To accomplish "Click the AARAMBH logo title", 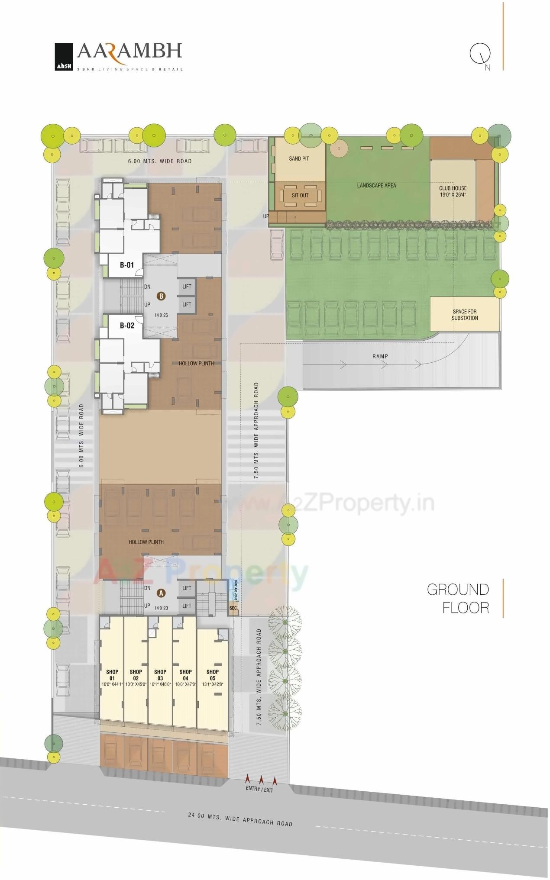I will pyautogui.click(x=129, y=52).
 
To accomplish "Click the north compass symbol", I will pyautogui.click(x=480, y=54).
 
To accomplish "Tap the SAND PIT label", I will pyautogui.click(x=299, y=159).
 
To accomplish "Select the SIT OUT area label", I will pyautogui.click(x=300, y=195).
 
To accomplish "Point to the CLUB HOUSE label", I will pyautogui.click(x=453, y=191).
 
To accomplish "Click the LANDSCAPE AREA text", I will pyautogui.click(x=376, y=185).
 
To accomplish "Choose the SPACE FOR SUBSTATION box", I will pyautogui.click(x=465, y=315).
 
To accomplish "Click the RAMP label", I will pyautogui.click(x=380, y=356).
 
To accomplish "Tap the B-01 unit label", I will pyautogui.click(x=127, y=265).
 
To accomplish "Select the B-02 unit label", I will pyautogui.click(x=127, y=326).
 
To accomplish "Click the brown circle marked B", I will pyautogui.click(x=161, y=296).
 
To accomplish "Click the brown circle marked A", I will pyautogui.click(x=161, y=593).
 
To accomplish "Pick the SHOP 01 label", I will pyautogui.click(x=112, y=675).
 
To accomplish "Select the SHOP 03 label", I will pyautogui.click(x=160, y=675).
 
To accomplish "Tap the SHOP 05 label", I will pyautogui.click(x=212, y=675).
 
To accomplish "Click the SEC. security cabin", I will pyautogui.click(x=233, y=608).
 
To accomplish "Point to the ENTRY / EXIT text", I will pyautogui.click(x=259, y=789).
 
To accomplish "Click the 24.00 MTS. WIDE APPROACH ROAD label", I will pyautogui.click(x=240, y=819).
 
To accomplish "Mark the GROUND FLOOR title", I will pyautogui.click(x=458, y=598).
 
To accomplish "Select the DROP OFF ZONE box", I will pyautogui.click(x=235, y=590).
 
